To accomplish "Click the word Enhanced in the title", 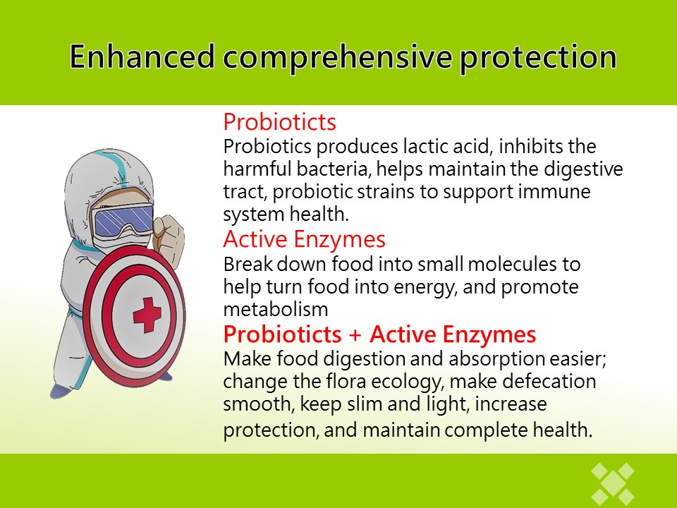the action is coord(142,56).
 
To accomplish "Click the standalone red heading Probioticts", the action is coord(279,122).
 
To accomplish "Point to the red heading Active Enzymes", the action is coord(305,239).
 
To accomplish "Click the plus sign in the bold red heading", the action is coord(355,334).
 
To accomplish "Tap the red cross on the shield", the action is coord(147,315).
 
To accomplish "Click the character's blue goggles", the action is coord(123,220).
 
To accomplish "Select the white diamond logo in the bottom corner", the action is coord(613,484).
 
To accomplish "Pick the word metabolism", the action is coord(276,309).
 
